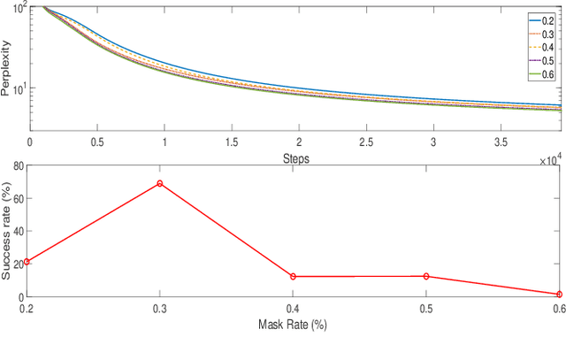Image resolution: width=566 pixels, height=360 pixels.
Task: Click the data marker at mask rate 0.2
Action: (27, 262)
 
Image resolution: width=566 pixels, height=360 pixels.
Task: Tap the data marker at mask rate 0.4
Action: (293, 277)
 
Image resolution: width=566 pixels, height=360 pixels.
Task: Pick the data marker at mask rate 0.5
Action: (426, 276)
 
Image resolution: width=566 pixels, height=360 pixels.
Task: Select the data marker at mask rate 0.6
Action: (559, 294)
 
